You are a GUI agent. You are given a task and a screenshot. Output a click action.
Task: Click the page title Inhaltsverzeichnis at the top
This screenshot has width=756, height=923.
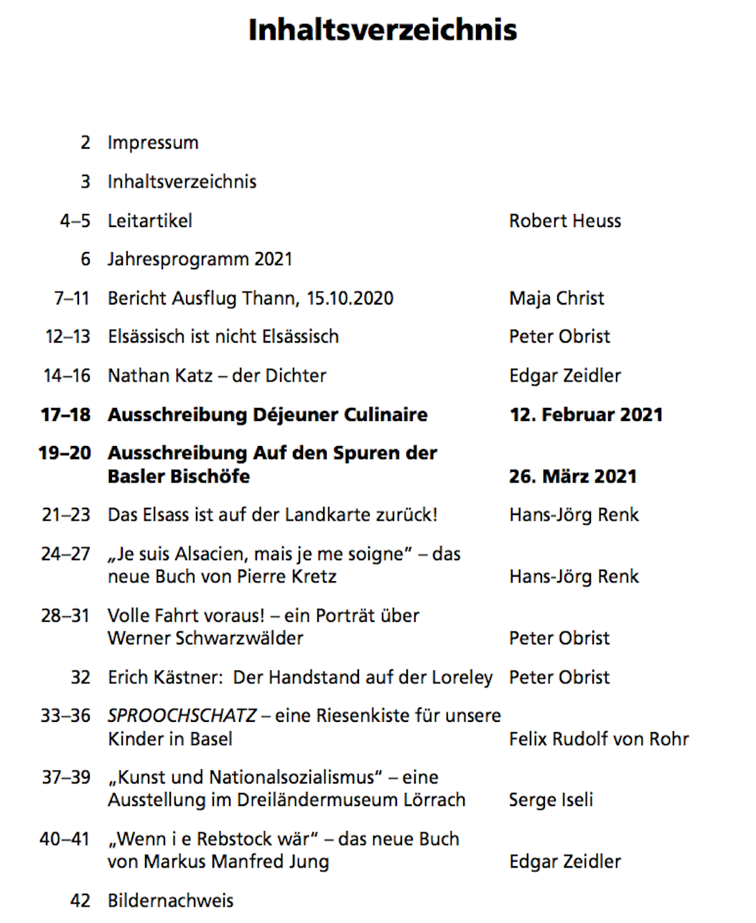[x=382, y=30]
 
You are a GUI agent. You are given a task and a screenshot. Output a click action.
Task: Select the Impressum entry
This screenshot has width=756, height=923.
[x=153, y=143]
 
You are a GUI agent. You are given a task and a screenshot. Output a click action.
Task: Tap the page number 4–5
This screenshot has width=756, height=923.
[x=75, y=221]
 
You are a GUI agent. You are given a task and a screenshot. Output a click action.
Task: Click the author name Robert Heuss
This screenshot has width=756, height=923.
[x=565, y=221]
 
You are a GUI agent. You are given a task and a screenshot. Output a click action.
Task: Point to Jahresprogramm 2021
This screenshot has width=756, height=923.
[x=200, y=259]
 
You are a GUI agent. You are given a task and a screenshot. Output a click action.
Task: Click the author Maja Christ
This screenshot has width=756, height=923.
[x=556, y=298]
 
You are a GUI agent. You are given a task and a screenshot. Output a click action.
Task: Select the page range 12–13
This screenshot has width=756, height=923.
[x=67, y=337]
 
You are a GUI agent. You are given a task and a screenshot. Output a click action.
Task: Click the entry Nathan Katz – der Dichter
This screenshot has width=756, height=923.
[x=217, y=376]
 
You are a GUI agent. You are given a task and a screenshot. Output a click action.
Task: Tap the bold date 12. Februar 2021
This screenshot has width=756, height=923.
[x=586, y=415]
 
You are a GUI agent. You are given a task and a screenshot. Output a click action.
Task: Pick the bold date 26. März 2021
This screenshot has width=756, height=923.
[x=572, y=477]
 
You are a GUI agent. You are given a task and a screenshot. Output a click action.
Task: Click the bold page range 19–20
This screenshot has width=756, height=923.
[x=65, y=453]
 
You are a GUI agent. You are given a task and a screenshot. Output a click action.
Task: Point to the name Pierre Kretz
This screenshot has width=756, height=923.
[x=291, y=577]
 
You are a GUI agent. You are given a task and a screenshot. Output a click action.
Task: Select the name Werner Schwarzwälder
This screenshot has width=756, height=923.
[x=205, y=639]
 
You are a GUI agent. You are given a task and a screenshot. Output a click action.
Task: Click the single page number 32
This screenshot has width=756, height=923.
[x=80, y=677]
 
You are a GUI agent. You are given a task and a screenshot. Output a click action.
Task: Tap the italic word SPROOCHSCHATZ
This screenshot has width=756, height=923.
[x=182, y=716]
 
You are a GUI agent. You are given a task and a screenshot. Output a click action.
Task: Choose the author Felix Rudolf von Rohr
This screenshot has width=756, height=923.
[x=599, y=739]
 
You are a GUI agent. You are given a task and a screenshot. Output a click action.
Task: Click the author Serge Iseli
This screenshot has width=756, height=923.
[x=551, y=800]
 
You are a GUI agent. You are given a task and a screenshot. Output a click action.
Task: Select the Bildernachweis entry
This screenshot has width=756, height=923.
[x=171, y=901]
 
